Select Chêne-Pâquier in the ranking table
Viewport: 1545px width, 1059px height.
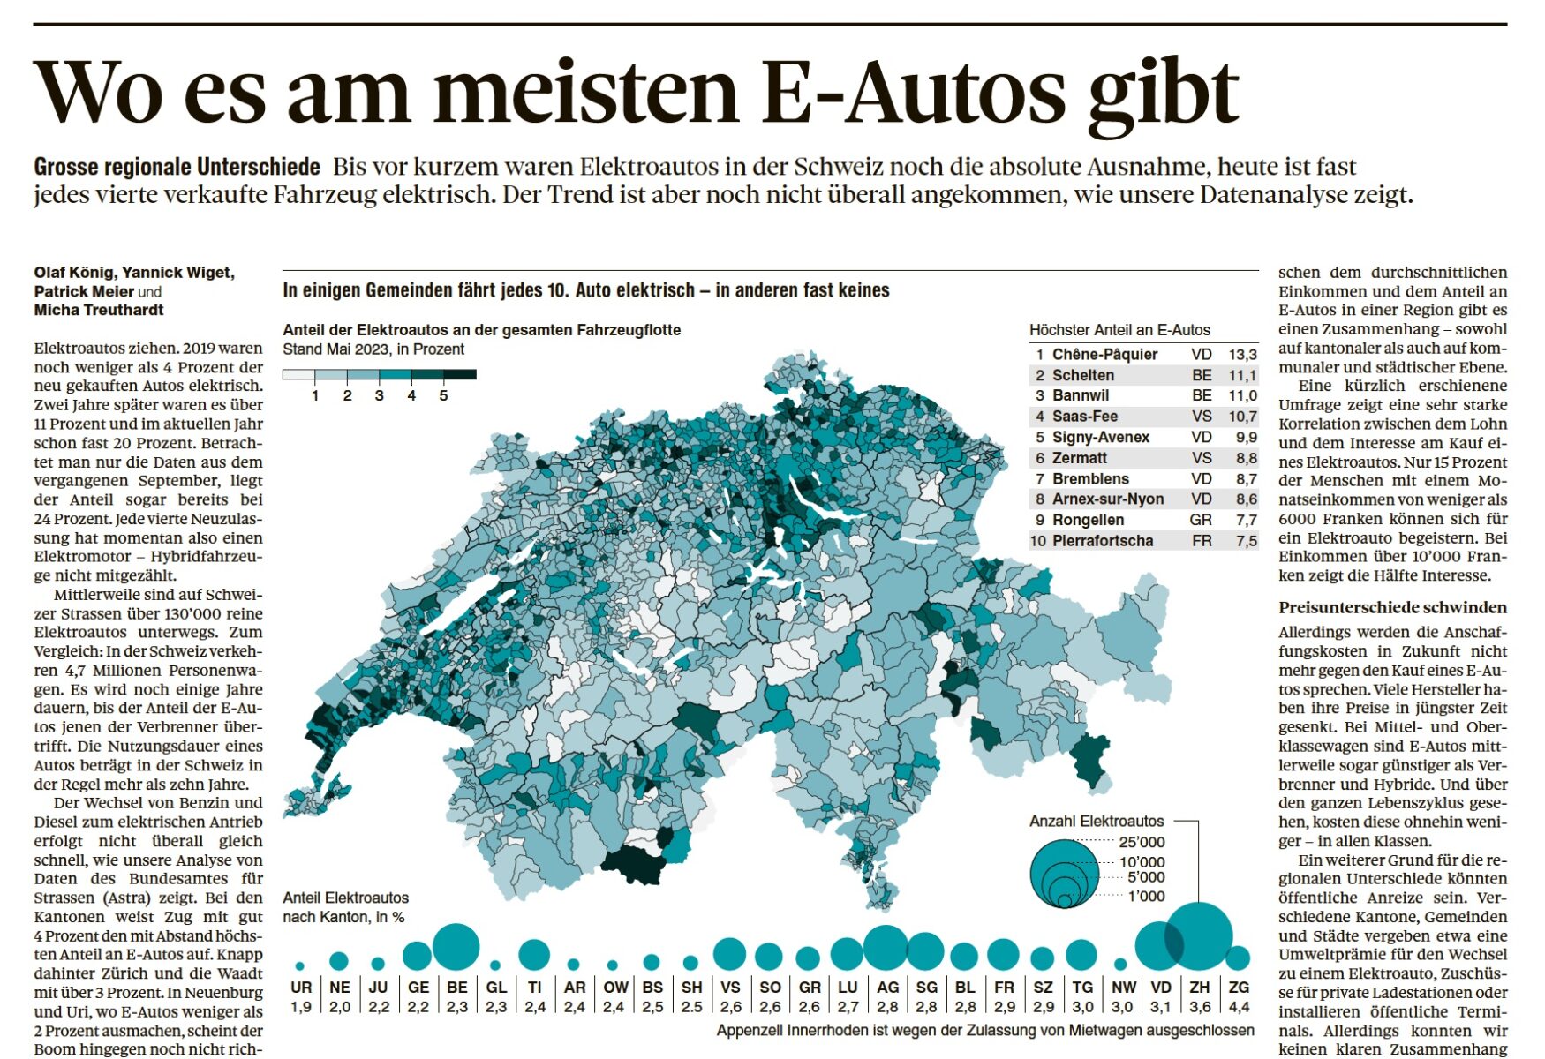1104,354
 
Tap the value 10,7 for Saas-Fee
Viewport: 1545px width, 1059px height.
1242,417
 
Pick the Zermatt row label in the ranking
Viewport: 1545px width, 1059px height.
1079,458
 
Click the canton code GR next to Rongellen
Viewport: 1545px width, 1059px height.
1200,520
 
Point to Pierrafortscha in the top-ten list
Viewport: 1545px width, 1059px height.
1103,541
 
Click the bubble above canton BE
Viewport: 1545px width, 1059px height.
456,946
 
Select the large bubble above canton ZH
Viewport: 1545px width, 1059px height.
1199,935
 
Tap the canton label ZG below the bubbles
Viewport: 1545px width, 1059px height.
1239,988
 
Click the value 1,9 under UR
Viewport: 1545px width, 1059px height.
301,1007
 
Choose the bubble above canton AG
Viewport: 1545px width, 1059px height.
886,949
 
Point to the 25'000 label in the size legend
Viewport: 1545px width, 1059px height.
1142,842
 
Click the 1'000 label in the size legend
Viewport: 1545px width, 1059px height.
1146,897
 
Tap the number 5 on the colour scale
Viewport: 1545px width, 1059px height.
443,395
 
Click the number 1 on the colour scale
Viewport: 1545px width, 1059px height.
315,395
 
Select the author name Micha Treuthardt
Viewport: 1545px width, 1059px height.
99,310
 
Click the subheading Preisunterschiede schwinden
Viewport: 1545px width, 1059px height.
1392,607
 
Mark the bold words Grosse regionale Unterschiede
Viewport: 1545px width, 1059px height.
177,167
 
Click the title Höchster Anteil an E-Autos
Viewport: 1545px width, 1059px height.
1119,330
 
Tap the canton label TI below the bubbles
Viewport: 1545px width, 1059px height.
535,988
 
